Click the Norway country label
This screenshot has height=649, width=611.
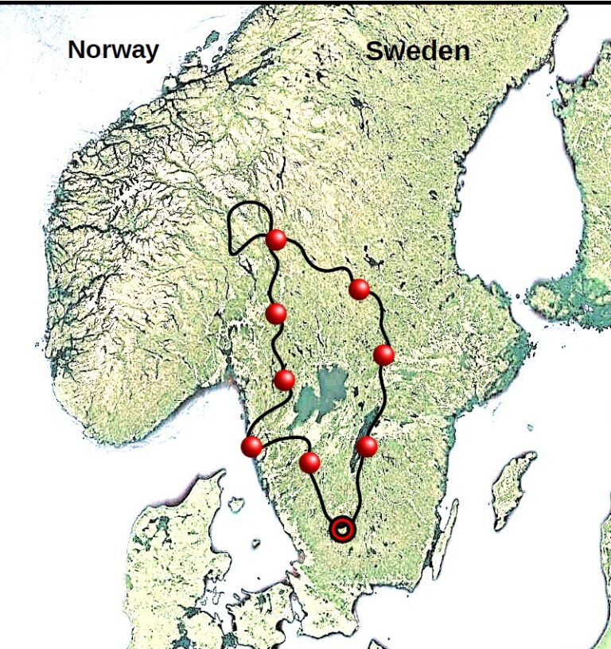click(x=113, y=49)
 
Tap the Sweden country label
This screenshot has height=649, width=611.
click(x=417, y=52)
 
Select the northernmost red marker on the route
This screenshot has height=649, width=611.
click(x=276, y=239)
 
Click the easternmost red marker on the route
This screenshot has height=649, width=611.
click(x=383, y=355)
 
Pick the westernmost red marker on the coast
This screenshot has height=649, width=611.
click(x=251, y=446)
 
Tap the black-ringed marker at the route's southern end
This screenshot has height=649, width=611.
click(x=342, y=529)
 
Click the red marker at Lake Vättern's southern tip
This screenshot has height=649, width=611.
click(x=366, y=446)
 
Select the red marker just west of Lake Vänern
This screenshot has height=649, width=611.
click(x=284, y=380)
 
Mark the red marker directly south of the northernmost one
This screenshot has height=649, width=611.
click(x=276, y=314)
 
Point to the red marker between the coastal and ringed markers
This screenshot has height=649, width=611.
click(x=309, y=462)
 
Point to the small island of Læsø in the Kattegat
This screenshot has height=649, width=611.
click(x=235, y=503)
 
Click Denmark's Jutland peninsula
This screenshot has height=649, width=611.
click(x=163, y=541)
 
